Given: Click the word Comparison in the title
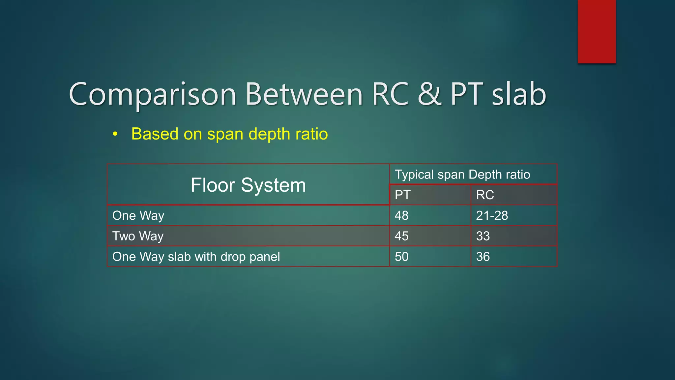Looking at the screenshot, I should (152, 95).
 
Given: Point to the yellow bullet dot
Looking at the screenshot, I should (115, 134).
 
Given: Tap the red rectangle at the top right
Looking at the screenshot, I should (597, 31).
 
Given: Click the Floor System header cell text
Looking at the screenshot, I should (248, 185).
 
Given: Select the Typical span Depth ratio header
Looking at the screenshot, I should (462, 174).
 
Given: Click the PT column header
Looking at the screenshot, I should (402, 195).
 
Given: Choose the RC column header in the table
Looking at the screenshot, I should (485, 195).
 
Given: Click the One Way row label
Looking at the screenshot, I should (138, 216).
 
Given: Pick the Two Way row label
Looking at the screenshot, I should (138, 236).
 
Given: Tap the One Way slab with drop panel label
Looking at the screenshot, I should (196, 257).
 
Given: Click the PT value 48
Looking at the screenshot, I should (401, 216).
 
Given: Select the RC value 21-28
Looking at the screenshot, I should (492, 216).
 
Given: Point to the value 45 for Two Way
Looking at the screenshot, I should (401, 236).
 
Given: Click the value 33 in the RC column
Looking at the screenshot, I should (483, 236).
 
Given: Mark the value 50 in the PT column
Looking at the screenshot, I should (401, 257).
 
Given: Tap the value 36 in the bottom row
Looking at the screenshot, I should (483, 257).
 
